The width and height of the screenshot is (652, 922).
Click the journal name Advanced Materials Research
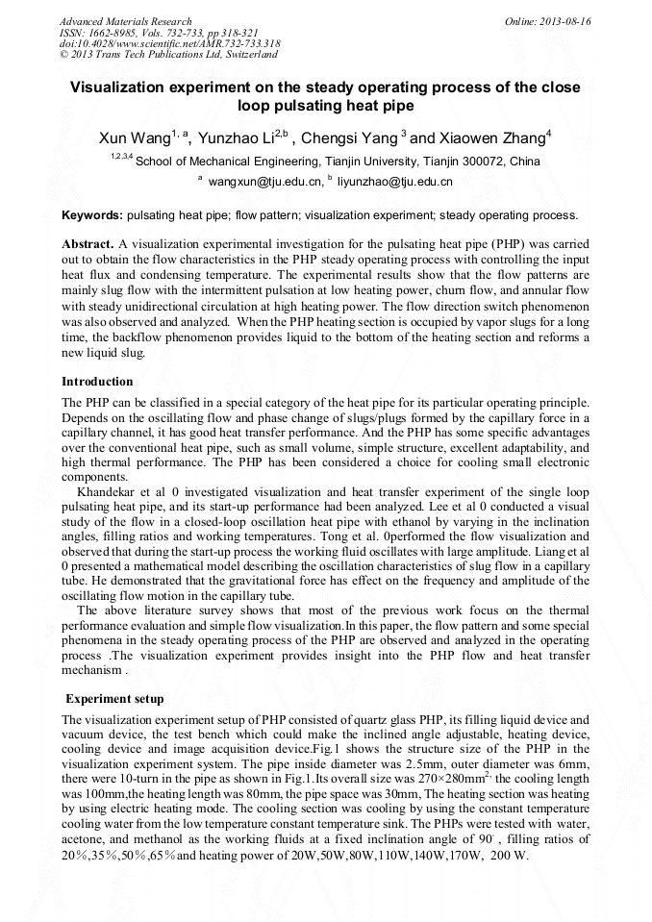coord(125,21)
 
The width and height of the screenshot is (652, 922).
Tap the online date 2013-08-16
coord(566,21)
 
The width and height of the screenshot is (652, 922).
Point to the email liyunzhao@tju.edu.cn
coord(381,181)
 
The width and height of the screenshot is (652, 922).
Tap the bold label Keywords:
coord(92,214)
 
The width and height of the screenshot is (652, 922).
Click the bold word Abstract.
coord(88,244)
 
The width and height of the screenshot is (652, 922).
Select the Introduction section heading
coord(97,382)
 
